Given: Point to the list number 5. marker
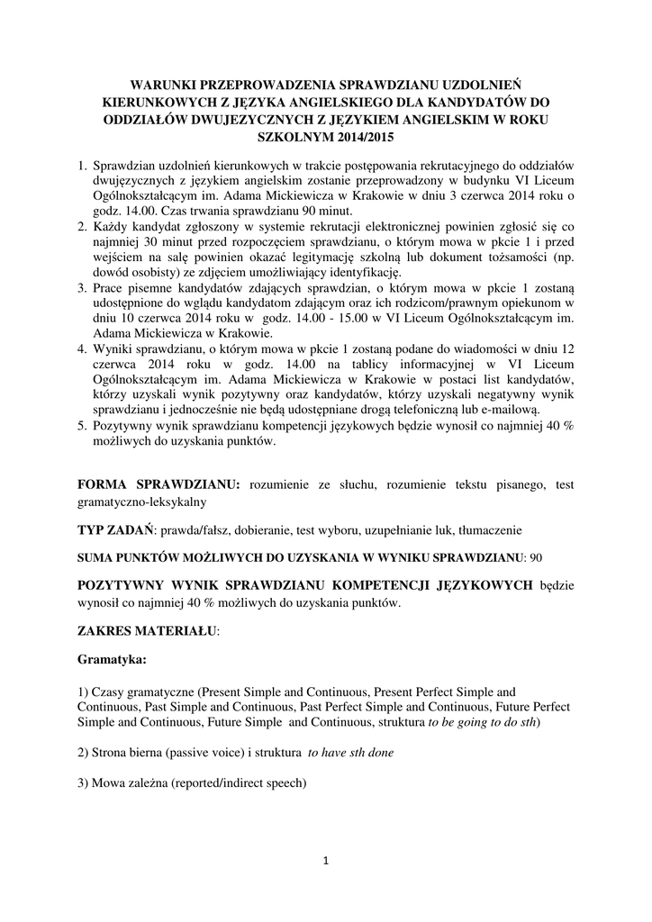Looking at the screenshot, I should [x=81, y=428].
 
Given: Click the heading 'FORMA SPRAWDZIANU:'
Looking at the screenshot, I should [x=159, y=484].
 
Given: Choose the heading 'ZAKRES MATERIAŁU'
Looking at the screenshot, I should [x=148, y=631].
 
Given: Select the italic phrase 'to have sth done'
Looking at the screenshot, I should [x=350, y=752].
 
